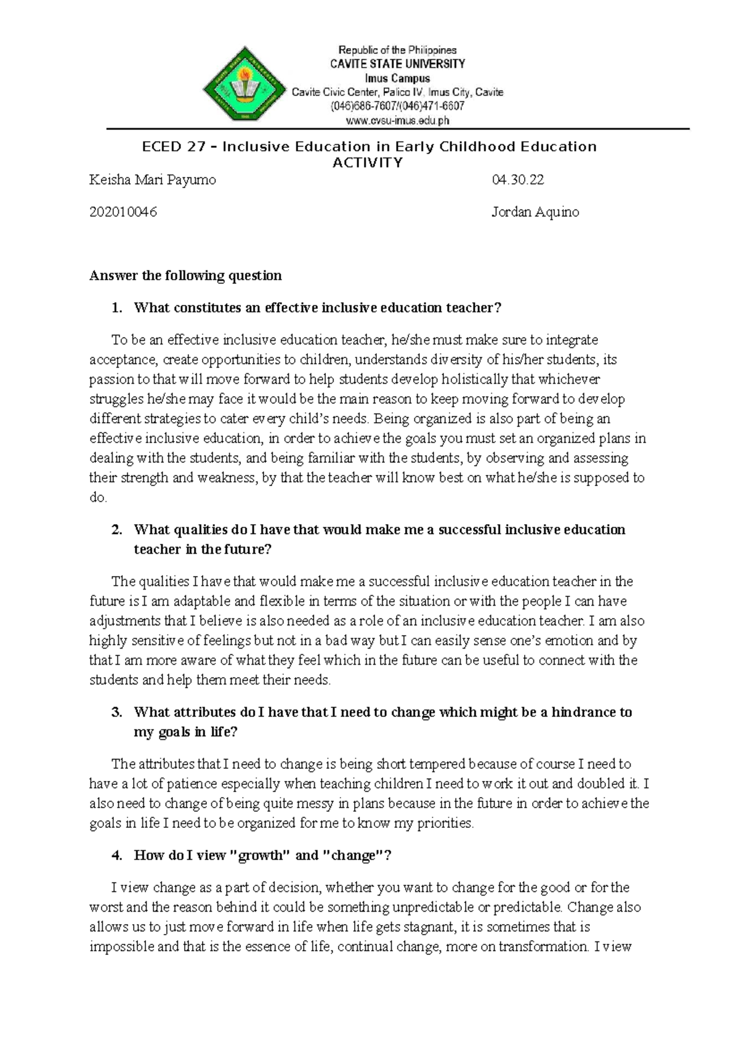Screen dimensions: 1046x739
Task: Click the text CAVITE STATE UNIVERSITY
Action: click(397, 64)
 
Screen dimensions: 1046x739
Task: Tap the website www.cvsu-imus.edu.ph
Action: click(397, 121)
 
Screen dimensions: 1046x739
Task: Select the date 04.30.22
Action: click(518, 180)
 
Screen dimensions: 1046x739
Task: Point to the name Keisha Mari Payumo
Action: click(153, 180)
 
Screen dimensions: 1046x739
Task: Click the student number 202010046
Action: click(123, 212)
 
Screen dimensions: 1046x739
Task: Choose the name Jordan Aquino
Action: click(535, 212)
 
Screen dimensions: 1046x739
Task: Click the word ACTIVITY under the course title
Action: click(368, 163)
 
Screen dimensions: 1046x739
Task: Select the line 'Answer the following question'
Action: click(185, 275)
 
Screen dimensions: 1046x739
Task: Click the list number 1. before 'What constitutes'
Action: click(117, 307)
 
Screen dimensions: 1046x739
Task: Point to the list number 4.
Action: click(117, 855)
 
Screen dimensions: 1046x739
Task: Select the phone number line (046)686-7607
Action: click(397, 106)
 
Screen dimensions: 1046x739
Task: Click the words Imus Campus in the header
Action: click(397, 78)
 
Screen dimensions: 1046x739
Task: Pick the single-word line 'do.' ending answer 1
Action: click(98, 497)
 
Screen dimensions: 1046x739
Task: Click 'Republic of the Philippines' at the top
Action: click(397, 50)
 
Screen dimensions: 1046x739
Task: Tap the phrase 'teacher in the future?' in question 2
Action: click(202, 549)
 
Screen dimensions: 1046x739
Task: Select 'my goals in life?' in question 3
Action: click(185, 732)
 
